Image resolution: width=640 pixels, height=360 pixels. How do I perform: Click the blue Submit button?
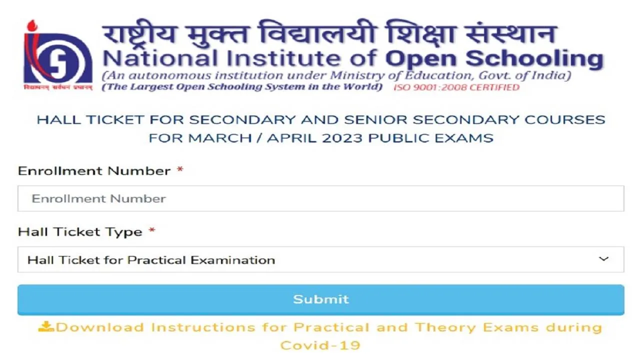coord(320,299)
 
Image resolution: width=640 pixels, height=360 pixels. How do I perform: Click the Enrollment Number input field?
coord(320,198)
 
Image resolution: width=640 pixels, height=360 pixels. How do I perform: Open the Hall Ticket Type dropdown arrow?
coord(603,259)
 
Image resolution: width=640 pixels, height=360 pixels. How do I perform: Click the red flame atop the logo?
coord(32,25)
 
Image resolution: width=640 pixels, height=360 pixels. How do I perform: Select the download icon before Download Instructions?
coord(46,327)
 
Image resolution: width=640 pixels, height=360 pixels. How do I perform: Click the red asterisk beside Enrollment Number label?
coord(180,169)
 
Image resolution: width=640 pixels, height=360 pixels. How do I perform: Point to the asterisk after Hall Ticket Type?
coord(152,230)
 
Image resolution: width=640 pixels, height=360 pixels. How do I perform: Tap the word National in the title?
coord(160,58)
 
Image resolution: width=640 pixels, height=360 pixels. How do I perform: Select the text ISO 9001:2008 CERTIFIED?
coord(456,87)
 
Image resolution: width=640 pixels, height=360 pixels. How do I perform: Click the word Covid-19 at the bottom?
coord(320,345)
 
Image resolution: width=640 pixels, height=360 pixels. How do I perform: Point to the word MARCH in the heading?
coord(219,138)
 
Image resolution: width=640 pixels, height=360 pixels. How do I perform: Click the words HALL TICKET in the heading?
coord(90,120)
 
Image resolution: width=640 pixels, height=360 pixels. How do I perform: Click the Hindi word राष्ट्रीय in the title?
coord(139,33)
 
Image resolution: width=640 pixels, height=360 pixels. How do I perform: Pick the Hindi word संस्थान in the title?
coord(511,33)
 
